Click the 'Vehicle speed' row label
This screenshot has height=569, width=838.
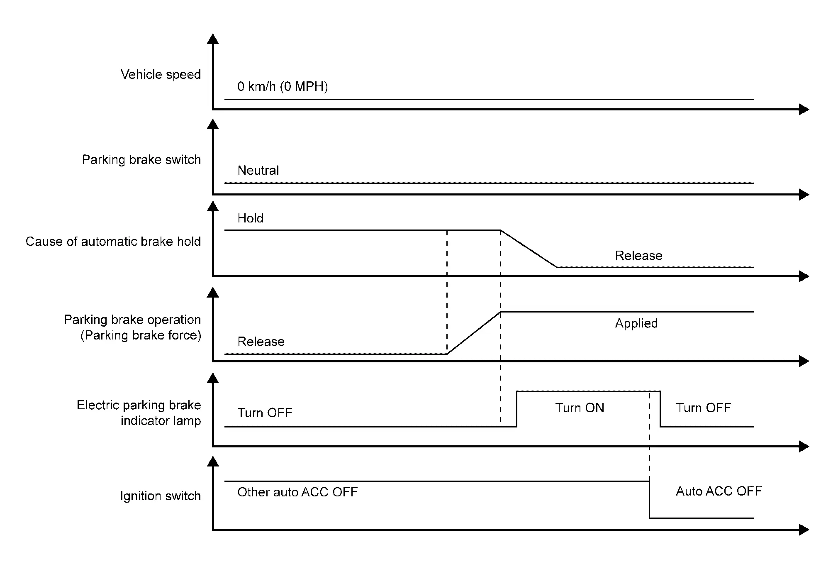click(161, 75)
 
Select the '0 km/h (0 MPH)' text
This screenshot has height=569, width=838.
click(283, 87)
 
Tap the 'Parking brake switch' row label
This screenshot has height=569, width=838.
click(141, 160)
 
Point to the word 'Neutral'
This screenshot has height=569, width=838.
click(258, 171)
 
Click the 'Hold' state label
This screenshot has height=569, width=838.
click(250, 218)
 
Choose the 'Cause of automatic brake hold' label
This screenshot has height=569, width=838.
click(113, 242)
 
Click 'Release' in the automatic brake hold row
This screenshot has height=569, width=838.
click(638, 256)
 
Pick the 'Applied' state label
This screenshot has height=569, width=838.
click(636, 324)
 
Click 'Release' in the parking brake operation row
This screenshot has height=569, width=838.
click(261, 342)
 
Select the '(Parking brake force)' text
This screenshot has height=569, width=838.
click(141, 335)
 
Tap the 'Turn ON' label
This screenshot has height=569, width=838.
click(580, 408)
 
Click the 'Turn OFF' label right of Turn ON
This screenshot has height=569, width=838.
click(703, 408)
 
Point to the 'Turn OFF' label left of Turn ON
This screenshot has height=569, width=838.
click(265, 413)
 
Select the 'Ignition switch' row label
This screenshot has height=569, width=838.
click(160, 496)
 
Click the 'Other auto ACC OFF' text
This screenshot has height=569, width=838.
click(297, 492)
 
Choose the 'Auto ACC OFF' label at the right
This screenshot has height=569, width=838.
click(719, 491)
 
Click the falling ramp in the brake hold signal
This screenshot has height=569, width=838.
click(529, 249)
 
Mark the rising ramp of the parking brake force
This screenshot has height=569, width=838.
click(474, 333)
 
